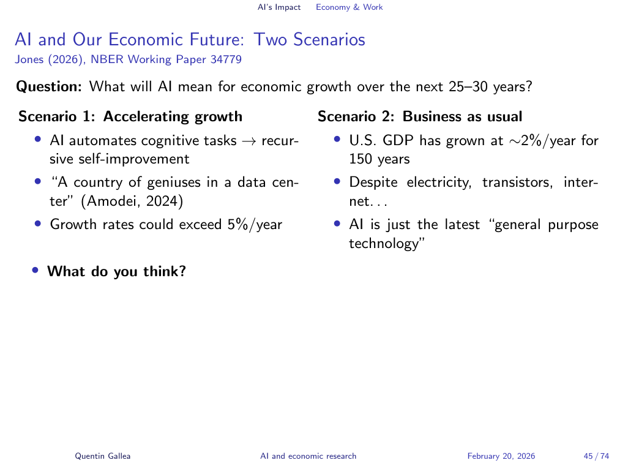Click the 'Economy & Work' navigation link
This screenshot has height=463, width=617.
(349, 7)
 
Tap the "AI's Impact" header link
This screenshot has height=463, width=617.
(279, 7)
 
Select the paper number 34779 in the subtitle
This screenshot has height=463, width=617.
(226, 59)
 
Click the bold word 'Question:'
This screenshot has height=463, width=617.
(49, 86)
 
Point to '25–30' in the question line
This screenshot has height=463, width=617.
(468, 86)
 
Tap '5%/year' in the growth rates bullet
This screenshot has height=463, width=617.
(255, 224)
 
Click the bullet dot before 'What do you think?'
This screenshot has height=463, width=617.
(36, 270)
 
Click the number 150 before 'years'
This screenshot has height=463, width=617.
(361, 159)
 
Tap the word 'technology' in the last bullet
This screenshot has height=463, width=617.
(384, 243)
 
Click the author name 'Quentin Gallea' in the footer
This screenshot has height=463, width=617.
(103, 456)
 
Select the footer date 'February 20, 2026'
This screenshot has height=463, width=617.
(501, 456)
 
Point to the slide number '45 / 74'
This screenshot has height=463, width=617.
(597, 456)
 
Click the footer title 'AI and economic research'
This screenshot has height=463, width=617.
(308, 456)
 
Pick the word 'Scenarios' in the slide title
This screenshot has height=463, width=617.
(329, 40)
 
